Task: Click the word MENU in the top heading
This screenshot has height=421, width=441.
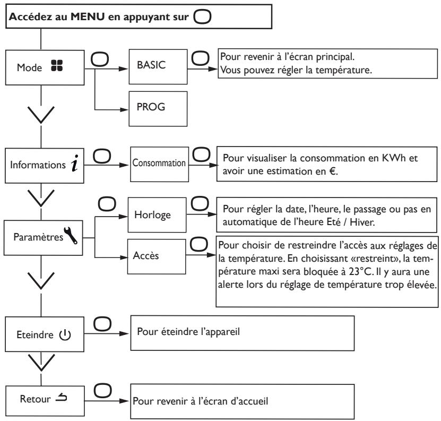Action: click(x=88, y=16)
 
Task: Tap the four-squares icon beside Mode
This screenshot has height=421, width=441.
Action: click(x=57, y=66)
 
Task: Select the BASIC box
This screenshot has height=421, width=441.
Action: click(x=158, y=67)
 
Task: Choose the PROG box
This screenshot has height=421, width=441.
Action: click(x=158, y=109)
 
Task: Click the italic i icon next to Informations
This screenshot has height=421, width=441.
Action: click(x=74, y=163)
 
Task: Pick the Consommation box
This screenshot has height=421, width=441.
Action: click(x=159, y=164)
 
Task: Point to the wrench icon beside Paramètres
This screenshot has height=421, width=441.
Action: click(x=70, y=235)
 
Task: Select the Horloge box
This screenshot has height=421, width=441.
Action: click(x=157, y=214)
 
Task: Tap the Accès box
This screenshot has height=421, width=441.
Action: click(x=157, y=256)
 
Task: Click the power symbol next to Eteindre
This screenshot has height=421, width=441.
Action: click(x=65, y=334)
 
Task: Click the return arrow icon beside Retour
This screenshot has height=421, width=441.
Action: click(x=62, y=397)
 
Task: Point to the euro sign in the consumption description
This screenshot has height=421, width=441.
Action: click(x=332, y=171)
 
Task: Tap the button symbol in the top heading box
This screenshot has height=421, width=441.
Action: click(x=202, y=16)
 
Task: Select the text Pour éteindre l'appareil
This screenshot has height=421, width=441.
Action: click(x=188, y=332)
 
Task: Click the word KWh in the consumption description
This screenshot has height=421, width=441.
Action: click(x=394, y=158)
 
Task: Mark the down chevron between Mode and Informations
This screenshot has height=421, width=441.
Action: click(x=41, y=115)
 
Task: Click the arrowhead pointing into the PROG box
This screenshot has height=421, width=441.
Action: click(x=124, y=109)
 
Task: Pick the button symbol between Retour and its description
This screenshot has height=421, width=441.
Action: click(x=102, y=391)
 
